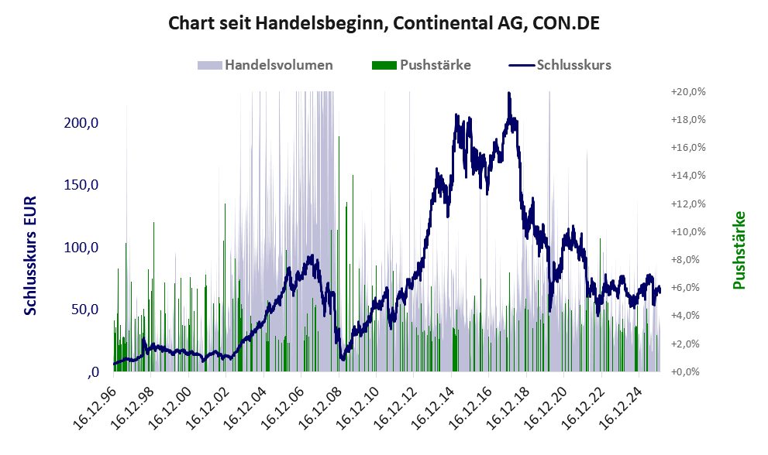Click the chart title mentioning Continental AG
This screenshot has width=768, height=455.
[384, 25]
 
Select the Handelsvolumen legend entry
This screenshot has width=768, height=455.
[279, 65]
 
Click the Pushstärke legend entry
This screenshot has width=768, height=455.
[436, 65]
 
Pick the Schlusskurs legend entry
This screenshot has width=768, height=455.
[573, 65]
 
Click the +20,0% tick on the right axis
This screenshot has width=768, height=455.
[687, 91]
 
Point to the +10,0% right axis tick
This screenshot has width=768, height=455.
[687, 231]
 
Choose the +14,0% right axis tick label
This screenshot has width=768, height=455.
[687, 176]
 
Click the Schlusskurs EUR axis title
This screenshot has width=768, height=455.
[31, 255]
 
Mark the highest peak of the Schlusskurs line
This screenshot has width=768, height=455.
[508, 94]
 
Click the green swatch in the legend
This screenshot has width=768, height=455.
[384, 65]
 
